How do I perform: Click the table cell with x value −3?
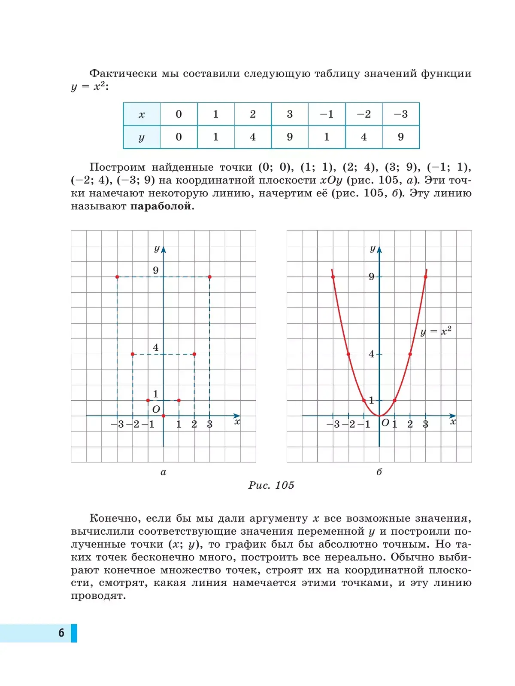(401, 114)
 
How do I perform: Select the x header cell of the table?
(142, 114)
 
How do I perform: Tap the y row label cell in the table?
(142, 137)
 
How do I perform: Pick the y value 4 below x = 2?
(253, 137)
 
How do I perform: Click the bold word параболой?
(161, 206)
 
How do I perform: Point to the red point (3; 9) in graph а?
(209, 277)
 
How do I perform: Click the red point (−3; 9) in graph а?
(117, 277)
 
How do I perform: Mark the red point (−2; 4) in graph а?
(133, 354)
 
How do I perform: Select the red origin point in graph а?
(164, 416)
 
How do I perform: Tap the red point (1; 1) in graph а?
(179, 401)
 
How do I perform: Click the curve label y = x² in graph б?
(436, 331)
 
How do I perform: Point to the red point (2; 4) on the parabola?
(410, 354)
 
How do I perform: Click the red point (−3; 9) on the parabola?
(333, 277)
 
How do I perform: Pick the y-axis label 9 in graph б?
(372, 277)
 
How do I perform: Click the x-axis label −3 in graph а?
(118, 424)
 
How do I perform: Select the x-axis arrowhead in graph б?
(453, 416)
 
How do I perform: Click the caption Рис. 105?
(271, 485)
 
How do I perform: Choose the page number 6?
(61, 633)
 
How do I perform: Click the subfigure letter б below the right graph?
(379, 472)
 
